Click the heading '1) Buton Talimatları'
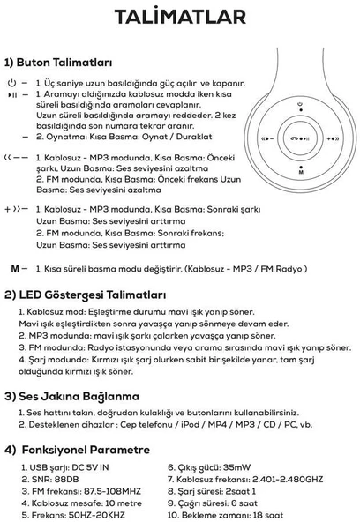click(59, 63)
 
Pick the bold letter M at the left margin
click(14, 267)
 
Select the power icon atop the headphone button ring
click(300, 108)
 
